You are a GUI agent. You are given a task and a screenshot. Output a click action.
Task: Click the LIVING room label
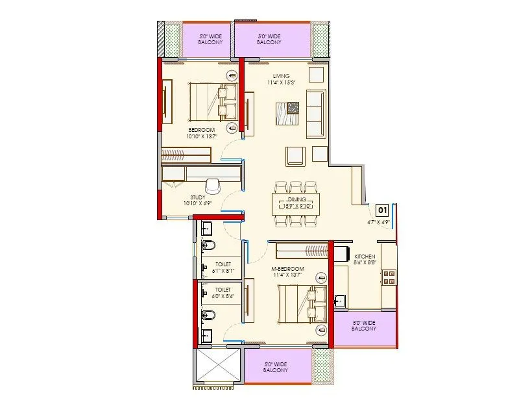click(281, 76)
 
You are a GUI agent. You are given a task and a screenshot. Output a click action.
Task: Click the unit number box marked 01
click(382, 210)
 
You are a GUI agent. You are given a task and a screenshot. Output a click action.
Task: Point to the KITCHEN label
click(363, 257)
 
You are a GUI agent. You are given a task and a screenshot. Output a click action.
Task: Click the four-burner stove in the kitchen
click(389, 277)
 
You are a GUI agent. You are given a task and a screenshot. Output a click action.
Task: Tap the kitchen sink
click(339, 301)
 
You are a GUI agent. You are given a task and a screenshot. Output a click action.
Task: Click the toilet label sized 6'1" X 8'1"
click(223, 268)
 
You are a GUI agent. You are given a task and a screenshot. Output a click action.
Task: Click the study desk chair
click(212, 185)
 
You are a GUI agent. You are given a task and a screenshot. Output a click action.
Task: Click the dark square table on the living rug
click(293, 108)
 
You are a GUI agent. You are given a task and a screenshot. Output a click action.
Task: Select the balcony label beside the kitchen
click(364, 325)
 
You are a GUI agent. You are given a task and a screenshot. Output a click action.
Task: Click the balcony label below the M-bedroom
click(276, 368)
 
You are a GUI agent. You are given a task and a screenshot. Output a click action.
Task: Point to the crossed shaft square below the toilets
click(217, 368)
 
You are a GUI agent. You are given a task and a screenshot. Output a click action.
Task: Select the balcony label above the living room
click(269, 40)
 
